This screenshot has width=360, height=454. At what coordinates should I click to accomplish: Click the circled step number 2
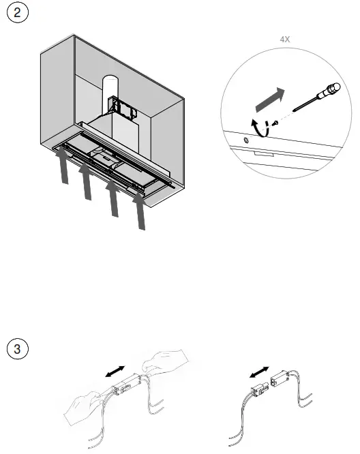click(17, 12)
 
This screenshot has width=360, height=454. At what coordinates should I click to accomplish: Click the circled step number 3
click(17, 348)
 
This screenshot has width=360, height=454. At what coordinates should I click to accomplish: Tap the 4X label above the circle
click(285, 39)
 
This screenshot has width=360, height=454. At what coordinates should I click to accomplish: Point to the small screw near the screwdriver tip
click(275, 123)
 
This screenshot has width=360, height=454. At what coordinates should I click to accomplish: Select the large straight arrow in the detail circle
click(270, 100)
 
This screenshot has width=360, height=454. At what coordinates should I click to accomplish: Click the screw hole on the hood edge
click(246, 140)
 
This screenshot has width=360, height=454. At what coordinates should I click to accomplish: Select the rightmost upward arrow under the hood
click(140, 211)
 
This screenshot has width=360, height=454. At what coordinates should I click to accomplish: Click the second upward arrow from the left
click(86, 181)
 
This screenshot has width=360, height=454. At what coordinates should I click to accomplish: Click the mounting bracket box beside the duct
click(123, 108)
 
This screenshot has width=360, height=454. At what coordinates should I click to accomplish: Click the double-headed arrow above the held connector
click(115, 372)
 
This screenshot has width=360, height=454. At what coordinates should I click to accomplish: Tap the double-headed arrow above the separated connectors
click(259, 372)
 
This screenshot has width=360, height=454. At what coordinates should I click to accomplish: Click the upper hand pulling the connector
click(165, 361)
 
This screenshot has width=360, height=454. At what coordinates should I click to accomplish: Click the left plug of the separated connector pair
click(260, 390)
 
